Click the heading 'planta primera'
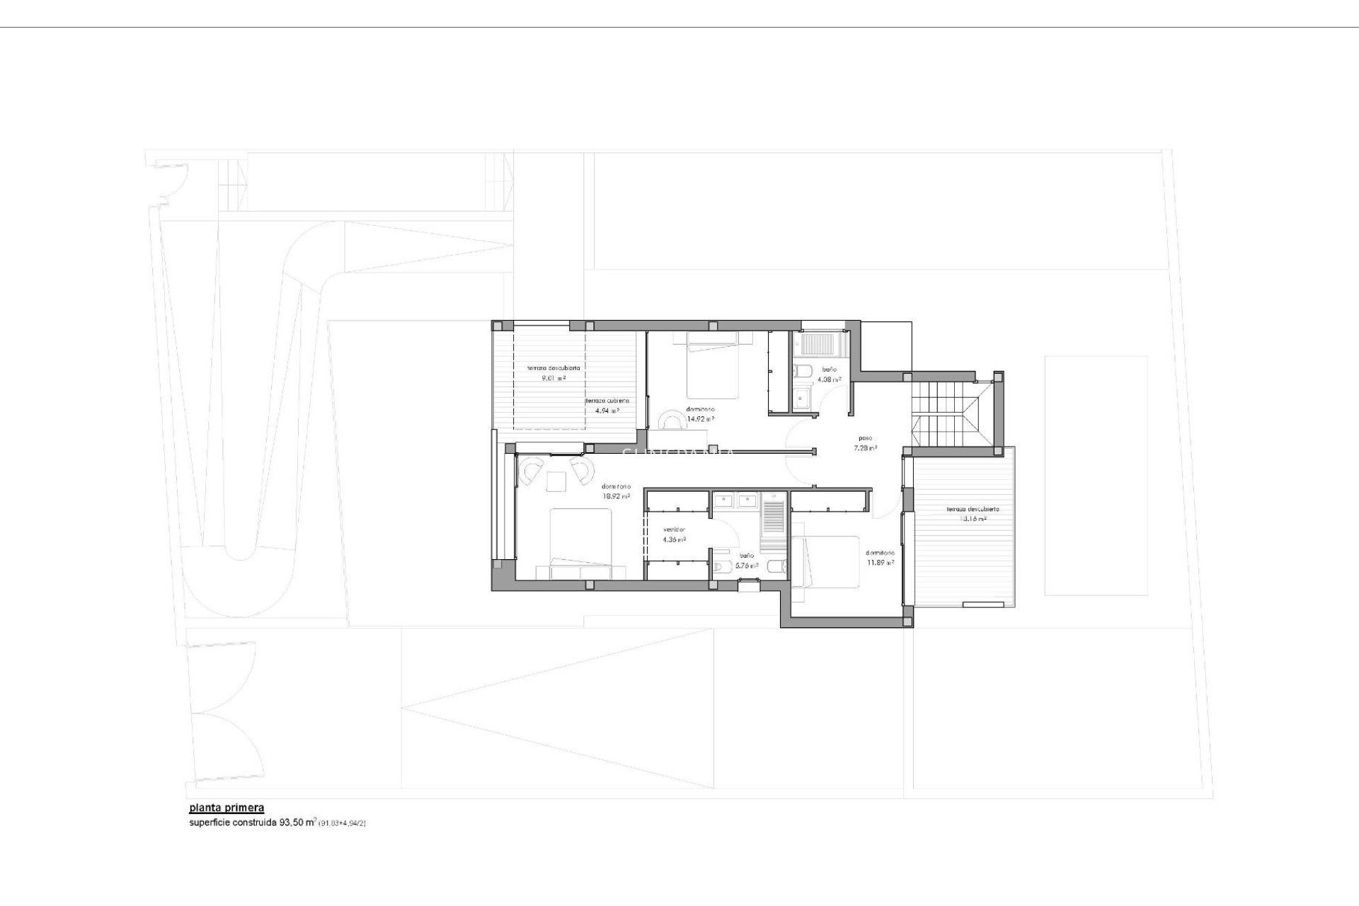(226, 808)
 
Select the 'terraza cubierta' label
(607, 401)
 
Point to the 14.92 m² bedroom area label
(701, 418)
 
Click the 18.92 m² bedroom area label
(616, 496)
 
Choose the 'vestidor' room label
(674, 530)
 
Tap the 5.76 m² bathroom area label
(747, 566)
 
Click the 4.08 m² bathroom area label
(829, 379)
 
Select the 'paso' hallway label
(865, 438)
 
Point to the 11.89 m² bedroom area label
(880, 563)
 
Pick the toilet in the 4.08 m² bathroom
(804, 371)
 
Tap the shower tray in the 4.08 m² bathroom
(817, 345)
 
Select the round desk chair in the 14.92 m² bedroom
(670, 421)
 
